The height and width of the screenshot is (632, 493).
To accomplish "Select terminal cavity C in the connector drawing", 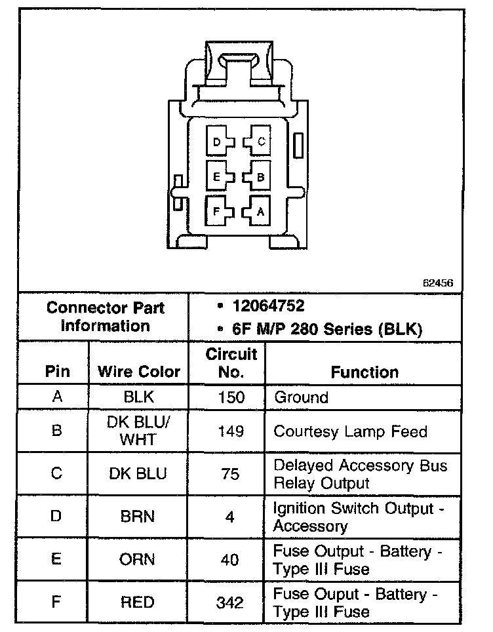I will (257, 142).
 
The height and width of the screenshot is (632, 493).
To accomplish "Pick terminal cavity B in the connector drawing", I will (257, 176).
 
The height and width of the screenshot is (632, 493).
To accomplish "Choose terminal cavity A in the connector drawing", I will (257, 211).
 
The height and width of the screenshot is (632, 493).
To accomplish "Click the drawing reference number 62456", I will (438, 283).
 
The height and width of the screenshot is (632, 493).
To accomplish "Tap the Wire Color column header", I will (139, 372).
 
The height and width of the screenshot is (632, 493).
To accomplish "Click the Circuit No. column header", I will (231, 363).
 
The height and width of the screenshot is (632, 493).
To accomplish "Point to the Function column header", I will (365, 372).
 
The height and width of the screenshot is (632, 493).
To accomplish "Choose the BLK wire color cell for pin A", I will (138, 397).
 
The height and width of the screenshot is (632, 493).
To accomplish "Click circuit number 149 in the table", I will (231, 431).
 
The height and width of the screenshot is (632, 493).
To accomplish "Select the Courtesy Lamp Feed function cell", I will (350, 431).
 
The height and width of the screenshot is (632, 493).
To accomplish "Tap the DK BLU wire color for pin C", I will (138, 473).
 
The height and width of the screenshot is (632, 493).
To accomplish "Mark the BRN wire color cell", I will (138, 517).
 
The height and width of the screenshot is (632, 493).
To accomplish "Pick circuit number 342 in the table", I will (231, 602).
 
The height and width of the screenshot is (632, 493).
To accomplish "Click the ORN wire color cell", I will (138, 559).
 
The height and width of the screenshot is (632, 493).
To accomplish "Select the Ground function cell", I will (301, 397).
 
